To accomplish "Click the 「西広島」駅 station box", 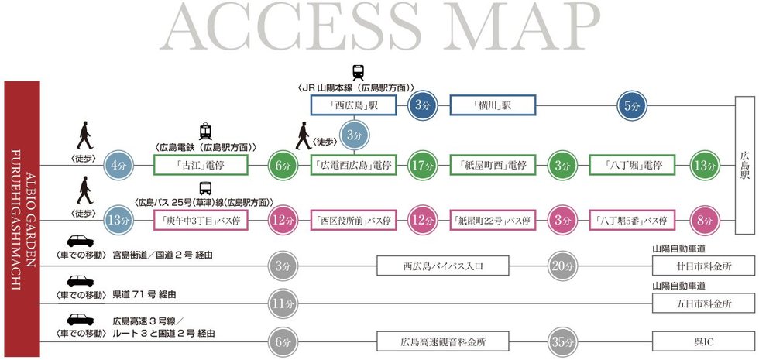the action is point(353,105).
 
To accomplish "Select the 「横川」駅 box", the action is point(493,105).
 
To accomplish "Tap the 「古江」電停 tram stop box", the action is point(201,165).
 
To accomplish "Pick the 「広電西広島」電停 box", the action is point(353,165).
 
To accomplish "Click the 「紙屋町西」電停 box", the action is point(493,165).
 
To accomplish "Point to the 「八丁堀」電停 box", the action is point(632,165).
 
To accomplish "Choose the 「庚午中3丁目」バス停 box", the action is point(201,220).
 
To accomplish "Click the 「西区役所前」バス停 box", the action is point(353,220).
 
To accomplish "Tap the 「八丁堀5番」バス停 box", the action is point(632,220).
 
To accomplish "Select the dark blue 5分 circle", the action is point(632,105).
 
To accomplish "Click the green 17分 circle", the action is point(422,166).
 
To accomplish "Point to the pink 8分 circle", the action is point(705,220).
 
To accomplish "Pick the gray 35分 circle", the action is point(562,342).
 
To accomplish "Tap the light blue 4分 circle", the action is point(119,166).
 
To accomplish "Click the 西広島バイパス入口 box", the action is point(443,266).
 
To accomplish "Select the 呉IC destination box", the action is point(703,341).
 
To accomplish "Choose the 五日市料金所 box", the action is point(703,303).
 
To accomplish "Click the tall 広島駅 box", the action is point(745,165).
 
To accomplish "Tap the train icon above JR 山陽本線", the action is point(358,73).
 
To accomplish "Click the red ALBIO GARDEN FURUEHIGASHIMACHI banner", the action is point(22,218).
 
